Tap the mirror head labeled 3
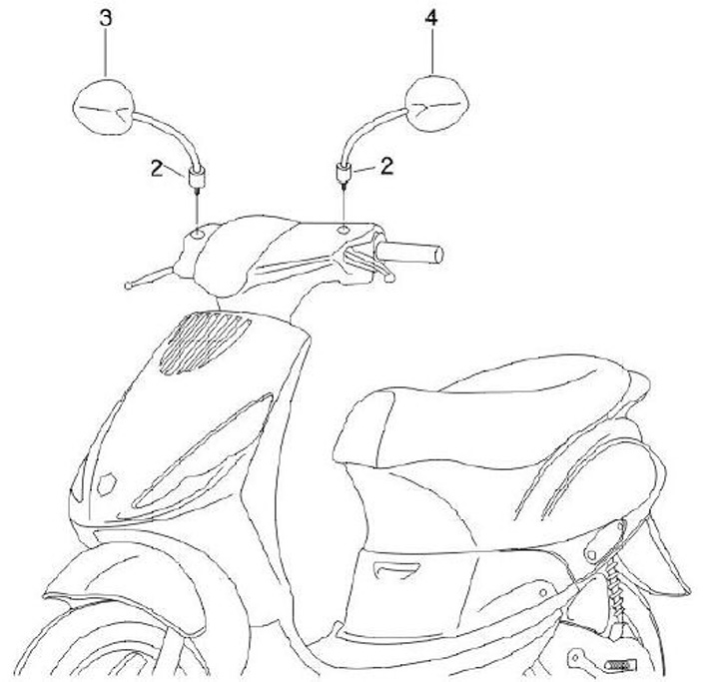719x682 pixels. [x=106, y=105]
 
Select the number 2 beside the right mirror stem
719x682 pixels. [x=385, y=167]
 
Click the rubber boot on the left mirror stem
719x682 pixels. [x=196, y=181]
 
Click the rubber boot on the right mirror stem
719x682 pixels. [x=345, y=178]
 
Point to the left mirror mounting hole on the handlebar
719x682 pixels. [x=197, y=233]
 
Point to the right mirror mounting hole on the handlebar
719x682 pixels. [x=345, y=229]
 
